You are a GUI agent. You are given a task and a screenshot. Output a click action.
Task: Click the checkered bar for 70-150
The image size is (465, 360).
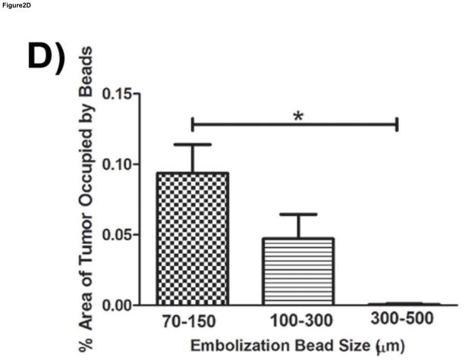(x=192, y=239)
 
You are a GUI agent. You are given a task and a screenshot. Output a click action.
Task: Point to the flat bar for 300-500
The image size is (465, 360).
(x=397, y=304)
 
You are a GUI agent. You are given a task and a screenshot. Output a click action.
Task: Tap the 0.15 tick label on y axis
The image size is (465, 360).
(x=124, y=94)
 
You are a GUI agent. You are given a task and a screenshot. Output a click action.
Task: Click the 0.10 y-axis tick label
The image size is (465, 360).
(x=124, y=164)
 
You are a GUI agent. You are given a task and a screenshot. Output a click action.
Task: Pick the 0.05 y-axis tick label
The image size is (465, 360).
(x=124, y=235)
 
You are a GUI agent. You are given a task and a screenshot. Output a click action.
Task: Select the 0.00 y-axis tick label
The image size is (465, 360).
(x=124, y=305)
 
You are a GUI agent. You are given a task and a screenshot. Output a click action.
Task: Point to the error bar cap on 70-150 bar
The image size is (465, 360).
(x=192, y=144)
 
